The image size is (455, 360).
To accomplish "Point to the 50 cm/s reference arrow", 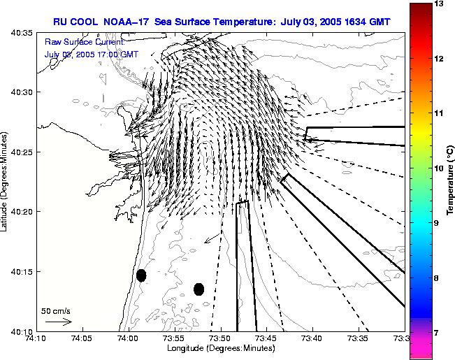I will (x=58, y=322).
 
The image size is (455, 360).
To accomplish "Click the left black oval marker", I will (x=141, y=275).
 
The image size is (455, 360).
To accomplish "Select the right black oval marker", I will (x=198, y=289).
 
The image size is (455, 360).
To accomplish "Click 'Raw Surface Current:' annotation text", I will (x=84, y=43).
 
